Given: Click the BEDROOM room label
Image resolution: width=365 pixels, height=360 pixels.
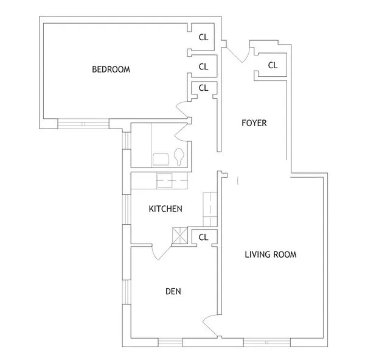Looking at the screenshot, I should (x=111, y=69).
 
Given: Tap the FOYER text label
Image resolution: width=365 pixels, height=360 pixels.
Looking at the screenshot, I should (x=254, y=123).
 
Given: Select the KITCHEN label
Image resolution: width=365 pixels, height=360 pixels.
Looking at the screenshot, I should (x=165, y=209).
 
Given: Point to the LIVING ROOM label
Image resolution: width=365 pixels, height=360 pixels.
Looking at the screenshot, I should (x=271, y=255).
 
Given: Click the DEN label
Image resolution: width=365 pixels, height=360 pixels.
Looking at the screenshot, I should (x=173, y=291).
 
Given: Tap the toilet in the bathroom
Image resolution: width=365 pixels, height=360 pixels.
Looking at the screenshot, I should (x=179, y=157).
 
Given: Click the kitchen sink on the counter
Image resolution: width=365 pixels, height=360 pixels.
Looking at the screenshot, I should (x=166, y=180).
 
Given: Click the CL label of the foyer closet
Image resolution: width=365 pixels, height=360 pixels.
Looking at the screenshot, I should (x=273, y=65).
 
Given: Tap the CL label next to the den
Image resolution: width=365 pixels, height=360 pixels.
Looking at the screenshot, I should (x=203, y=237).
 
